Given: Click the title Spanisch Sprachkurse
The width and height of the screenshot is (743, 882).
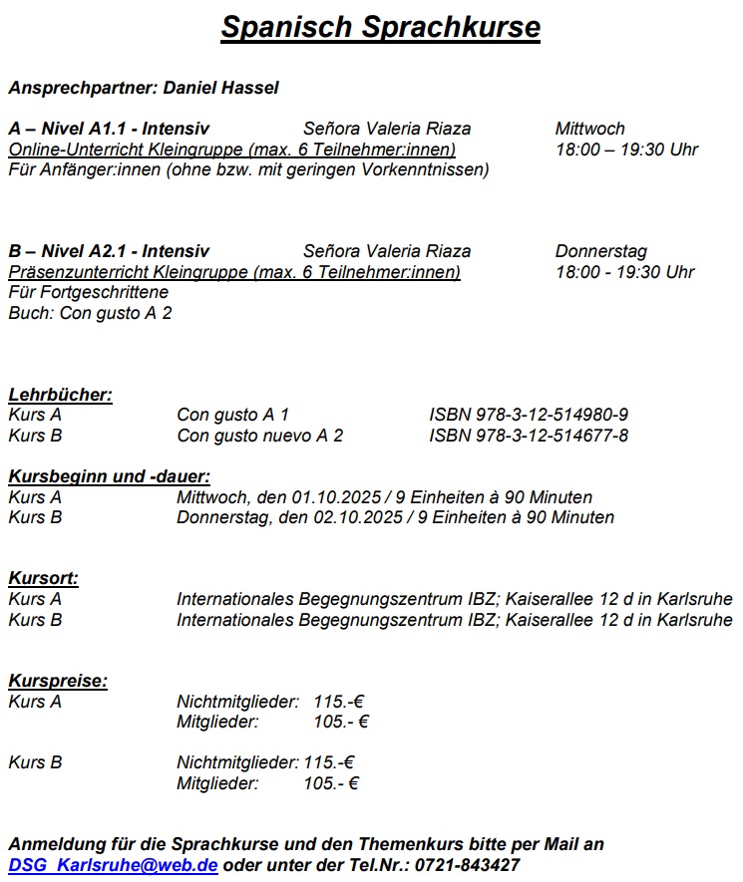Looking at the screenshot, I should click(x=380, y=27).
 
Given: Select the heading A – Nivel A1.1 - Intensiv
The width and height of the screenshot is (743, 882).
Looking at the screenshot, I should click(x=109, y=129).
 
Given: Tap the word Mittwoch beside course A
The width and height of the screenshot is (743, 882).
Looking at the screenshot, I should click(x=589, y=129).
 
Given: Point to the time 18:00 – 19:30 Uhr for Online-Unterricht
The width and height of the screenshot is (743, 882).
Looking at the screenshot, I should click(x=626, y=149).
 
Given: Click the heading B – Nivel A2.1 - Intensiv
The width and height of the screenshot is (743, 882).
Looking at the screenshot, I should click(x=109, y=251).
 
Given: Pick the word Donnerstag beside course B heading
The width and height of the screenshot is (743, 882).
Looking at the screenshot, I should click(x=600, y=251).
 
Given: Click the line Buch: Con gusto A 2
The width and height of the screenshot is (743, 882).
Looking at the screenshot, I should click(x=90, y=313).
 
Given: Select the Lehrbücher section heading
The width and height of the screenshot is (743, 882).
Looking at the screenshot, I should click(x=60, y=395).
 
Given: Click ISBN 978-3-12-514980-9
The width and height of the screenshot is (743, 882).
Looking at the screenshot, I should click(x=529, y=415).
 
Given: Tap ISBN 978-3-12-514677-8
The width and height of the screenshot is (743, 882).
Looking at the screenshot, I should click(x=529, y=436).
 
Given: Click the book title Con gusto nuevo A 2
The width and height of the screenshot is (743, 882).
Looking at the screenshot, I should click(x=259, y=436).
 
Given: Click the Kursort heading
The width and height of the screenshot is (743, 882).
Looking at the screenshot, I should click(x=43, y=578).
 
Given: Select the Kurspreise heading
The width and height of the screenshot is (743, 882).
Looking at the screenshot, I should click(x=58, y=681).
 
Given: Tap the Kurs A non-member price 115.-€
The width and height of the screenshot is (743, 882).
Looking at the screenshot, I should click(x=338, y=702).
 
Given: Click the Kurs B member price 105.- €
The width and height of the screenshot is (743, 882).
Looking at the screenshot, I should click(x=331, y=783).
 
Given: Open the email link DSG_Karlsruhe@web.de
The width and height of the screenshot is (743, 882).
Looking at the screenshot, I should click(x=113, y=864).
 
